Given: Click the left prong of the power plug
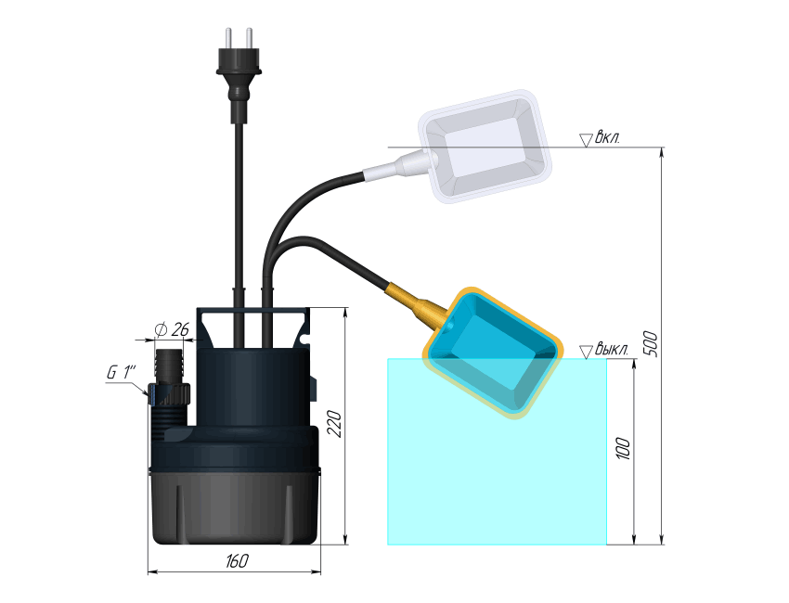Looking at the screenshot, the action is pyautogui.click(x=228, y=38).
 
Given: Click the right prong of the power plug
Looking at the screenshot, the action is pyautogui.click(x=249, y=38).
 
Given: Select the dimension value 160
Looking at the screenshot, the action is pyautogui.click(x=237, y=560).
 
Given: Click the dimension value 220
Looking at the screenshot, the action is pyautogui.click(x=334, y=424).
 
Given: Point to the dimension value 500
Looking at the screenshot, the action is pyautogui.click(x=651, y=344).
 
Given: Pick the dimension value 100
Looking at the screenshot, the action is pyautogui.click(x=623, y=448).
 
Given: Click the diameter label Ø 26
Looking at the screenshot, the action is pyautogui.click(x=172, y=330).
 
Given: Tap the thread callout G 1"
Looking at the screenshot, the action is pyautogui.click(x=122, y=373).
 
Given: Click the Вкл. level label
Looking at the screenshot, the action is pyautogui.click(x=608, y=137).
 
